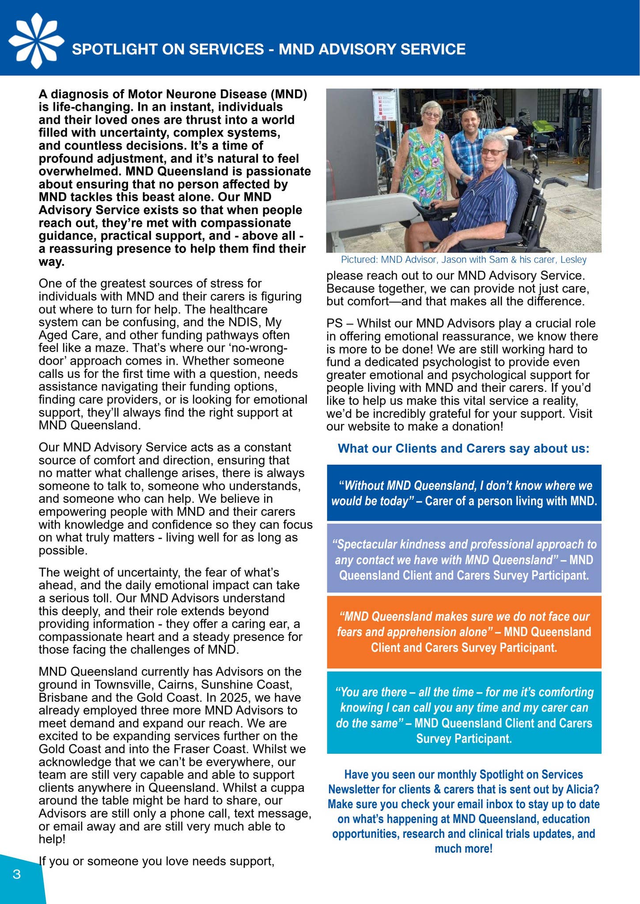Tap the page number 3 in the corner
(x=17, y=874)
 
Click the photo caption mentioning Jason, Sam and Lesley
(x=463, y=260)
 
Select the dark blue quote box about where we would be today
(x=464, y=493)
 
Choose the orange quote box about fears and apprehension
(x=464, y=632)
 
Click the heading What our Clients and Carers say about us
(x=463, y=448)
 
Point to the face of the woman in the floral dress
(x=431, y=115)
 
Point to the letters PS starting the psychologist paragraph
(x=334, y=324)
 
